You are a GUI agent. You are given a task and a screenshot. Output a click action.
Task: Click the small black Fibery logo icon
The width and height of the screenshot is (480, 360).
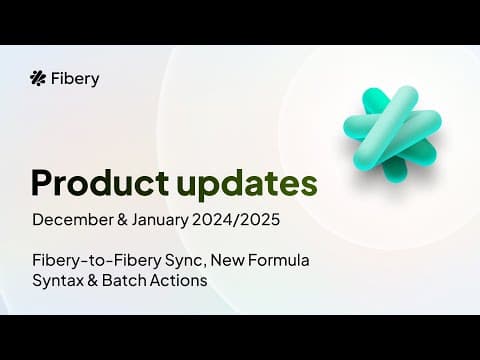pyautogui.click(x=38, y=79)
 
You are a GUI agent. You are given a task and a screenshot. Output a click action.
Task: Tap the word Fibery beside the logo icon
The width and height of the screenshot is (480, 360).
pyautogui.click(x=75, y=79)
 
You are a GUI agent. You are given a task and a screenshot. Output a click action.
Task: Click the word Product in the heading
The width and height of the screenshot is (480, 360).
pyautogui.click(x=100, y=183)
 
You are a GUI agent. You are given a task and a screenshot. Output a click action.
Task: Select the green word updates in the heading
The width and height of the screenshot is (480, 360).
pyautogui.click(x=247, y=185)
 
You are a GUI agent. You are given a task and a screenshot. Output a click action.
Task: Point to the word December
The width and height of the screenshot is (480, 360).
pyautogui.click(x=73, y=220)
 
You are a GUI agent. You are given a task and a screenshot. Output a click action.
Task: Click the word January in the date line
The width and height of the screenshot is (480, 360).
pyautogui.click(x=160, y=221)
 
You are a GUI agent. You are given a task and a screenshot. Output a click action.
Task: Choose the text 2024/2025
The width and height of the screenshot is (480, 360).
pyautogui.click(x=236, y=220)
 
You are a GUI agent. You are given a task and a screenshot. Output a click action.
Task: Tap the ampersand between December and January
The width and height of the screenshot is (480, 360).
pyautogui.click(x=122, y=220)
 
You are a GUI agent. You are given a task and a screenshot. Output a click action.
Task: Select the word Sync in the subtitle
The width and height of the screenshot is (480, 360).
pyautogui.click(x=184, y=261)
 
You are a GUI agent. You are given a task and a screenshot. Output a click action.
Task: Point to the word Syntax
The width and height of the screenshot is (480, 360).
pyautogui.click(x=58, y=281)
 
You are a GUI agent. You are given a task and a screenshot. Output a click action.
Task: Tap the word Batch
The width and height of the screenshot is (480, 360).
pyautogui.click(x=124, y=280)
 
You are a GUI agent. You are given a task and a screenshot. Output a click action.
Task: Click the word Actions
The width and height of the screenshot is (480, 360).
pyautogui.click(x=178, y=280)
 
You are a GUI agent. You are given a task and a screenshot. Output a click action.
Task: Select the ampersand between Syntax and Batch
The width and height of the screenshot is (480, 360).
pyautogui.click(x=93, y=280)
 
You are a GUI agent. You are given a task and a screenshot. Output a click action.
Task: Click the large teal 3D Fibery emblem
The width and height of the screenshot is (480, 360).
pyautogui.click(x=393, y=133)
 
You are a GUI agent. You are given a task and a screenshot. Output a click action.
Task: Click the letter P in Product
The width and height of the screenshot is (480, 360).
pyautogui.click(x=42, y=183)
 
